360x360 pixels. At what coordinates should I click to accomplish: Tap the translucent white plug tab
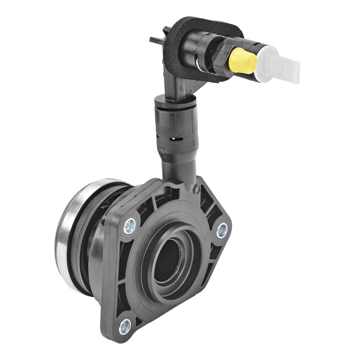pos(283,67)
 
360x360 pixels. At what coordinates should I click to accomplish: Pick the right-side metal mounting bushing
pos(221,230)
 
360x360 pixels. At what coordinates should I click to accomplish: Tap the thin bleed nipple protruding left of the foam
pos(155,38)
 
